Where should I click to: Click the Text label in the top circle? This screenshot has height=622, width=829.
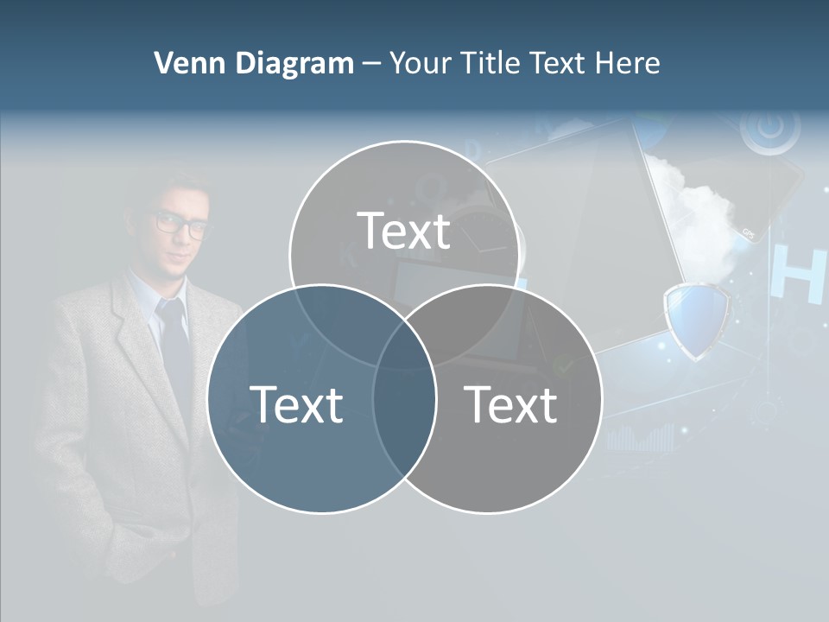[x=404, y=232]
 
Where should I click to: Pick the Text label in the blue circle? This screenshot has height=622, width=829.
[x=296, y=404]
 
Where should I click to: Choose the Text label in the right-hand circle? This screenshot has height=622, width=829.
[x=511, y=404]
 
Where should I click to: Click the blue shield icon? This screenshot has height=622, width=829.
[x=696, y=320]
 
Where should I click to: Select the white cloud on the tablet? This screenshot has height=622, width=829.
[x=699, y=216]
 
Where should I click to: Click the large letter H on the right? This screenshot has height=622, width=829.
[x=800, y=275]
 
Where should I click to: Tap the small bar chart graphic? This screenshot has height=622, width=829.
[x=640, y=438]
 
